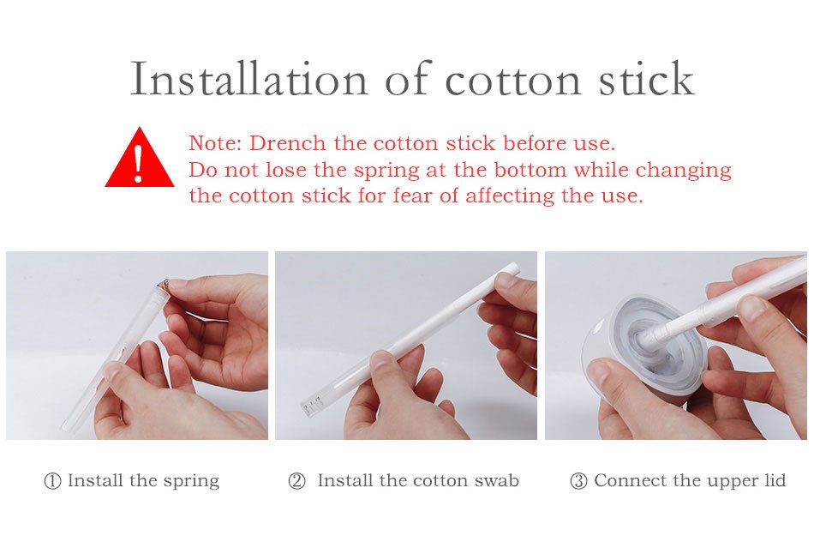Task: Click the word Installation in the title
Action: (248, 79)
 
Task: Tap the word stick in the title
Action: (646, 78)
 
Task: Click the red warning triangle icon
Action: (139, 157)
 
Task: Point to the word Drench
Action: (288, 143)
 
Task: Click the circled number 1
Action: (52, 481)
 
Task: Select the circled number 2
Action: (296, 481)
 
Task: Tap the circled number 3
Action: (578, 481)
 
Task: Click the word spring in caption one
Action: (191, 481)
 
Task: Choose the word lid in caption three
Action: (775, 480)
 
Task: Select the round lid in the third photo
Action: (643, 343)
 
